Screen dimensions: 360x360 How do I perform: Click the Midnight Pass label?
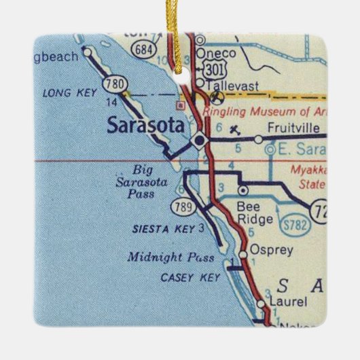click(170, 257)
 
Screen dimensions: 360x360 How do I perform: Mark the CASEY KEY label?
click(187, 277)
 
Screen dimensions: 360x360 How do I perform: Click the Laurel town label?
click(286, 301)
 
